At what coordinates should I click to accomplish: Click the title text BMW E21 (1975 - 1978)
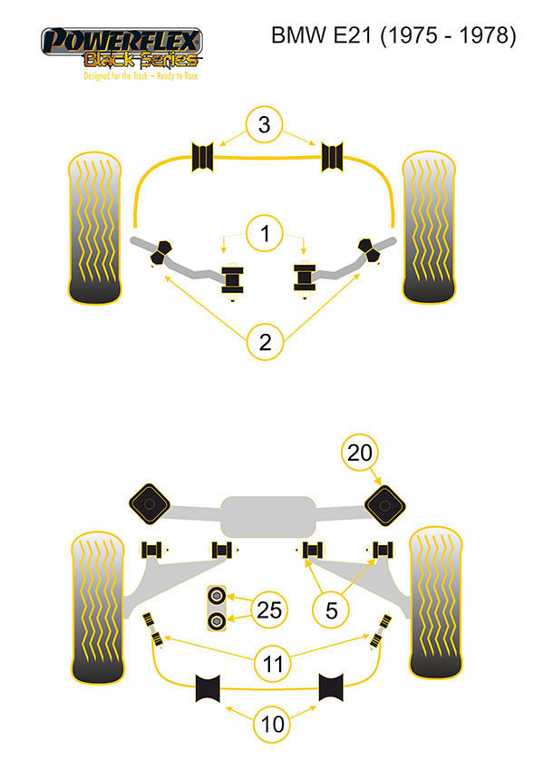[x=394, y=36]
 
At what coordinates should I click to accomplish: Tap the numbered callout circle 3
[x=263, y=126]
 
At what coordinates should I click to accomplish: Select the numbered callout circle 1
[x=264, y=236]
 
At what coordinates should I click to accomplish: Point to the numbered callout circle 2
[x=265, y=342]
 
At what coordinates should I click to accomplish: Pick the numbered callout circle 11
[x=273, y=664]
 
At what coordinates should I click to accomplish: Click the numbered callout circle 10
[x=273, y=724]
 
